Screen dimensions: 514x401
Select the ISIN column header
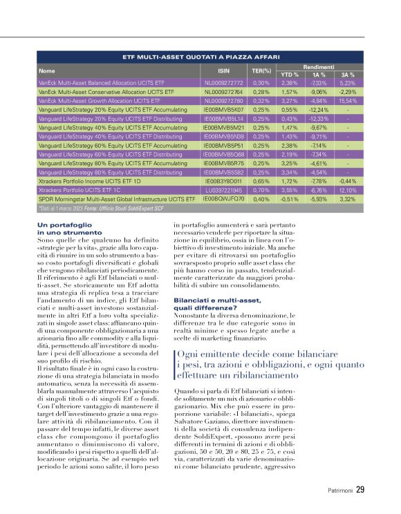point(223,70)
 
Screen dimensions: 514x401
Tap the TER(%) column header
point(261,70)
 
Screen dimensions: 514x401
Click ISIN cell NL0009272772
point(223,82)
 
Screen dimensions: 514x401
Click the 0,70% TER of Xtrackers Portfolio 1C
point(261,189)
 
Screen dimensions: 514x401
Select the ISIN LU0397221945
point(223,189)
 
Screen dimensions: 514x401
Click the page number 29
point(360,491)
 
